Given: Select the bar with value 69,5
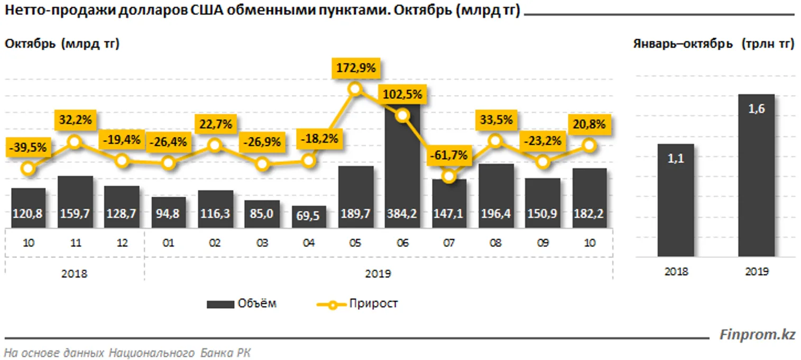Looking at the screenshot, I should pos(309,217).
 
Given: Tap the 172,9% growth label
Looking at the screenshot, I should pos(355,68).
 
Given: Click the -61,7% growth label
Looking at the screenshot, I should pos(448,155).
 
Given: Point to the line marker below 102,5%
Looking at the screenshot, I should pos(402,115).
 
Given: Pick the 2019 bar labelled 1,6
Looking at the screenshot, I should pos(756,174).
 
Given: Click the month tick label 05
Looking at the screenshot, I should pos(355,243).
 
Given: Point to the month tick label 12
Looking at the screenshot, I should pos(122,243).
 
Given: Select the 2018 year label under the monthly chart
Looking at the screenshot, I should pos(74,274).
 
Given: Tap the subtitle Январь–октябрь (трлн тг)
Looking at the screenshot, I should pos(713,44).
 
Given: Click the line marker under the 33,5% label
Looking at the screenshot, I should pos(495,140).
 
